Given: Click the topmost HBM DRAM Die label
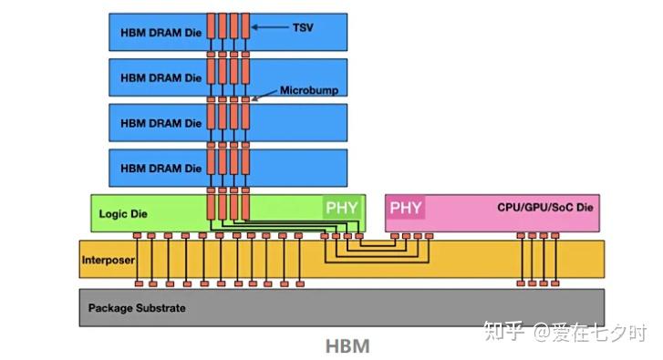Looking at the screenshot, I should pyautogui.click(x=161, y=33).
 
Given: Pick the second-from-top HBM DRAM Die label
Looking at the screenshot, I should pyautogui.click(x=161, y=78).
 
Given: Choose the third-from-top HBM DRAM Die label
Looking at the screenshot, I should pyautogui.click(x=161, y=123).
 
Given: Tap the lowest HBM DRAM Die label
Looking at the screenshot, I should pyautogui.click(x=161, y=169).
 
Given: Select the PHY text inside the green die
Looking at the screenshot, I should pyautogui.click(x=343, y=208).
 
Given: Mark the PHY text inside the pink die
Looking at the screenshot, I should pyautogui.click(x=406, y=208).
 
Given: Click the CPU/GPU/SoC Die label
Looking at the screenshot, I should pyautogui.click(x=545, y=209).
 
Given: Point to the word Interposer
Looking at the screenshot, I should pyautogui.click(x=108, y=261).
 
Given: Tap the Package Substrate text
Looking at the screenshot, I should pyautogui.click(x=137, y=308).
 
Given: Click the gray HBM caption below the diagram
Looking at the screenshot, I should pyautogui.click(x=347, y=347).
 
